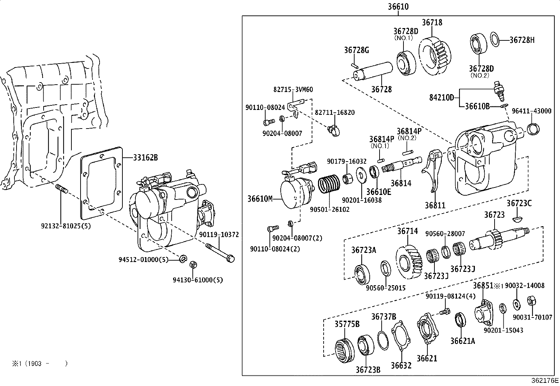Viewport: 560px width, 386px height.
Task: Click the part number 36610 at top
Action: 398,7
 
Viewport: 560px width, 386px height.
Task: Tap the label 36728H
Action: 522,40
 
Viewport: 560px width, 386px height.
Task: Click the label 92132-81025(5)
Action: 66,226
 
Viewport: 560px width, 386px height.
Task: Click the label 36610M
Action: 260,199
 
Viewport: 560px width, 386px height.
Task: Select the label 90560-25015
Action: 386,288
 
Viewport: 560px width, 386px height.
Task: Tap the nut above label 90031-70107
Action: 531,301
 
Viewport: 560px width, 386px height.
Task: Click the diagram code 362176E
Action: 545,380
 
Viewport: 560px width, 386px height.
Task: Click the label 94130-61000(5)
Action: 197,280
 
